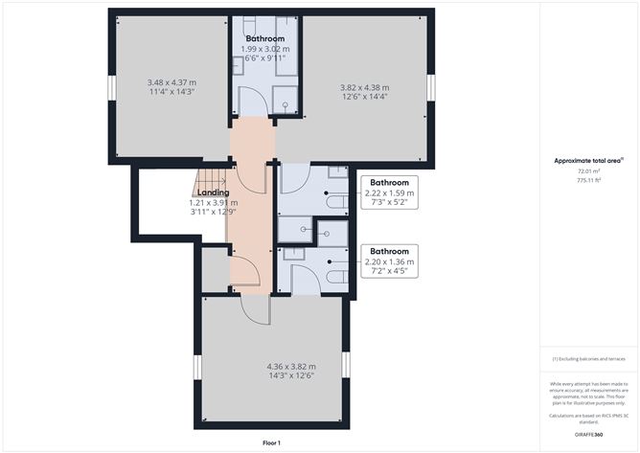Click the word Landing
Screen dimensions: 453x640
pos(213,193)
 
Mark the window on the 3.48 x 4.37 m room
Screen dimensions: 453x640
pos(110,86)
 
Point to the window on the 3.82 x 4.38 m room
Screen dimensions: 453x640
pos(432,86)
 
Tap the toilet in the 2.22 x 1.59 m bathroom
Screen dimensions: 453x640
pos(333,204)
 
